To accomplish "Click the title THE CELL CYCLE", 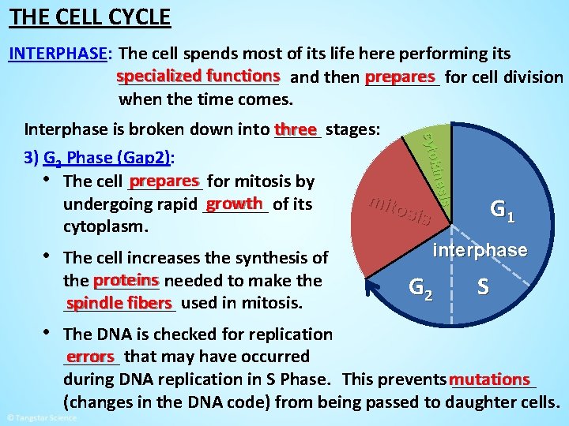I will tap(89, 17).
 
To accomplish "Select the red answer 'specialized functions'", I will tap(198, 76).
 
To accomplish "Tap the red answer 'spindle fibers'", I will tap(119, 303).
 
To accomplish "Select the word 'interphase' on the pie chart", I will tap(479, 250).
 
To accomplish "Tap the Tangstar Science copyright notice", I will tap(40, 417).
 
